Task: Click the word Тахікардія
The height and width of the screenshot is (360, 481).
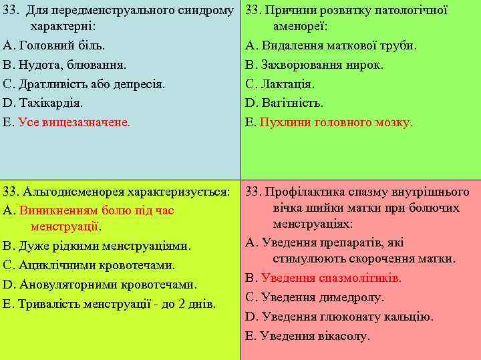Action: pos(51,104)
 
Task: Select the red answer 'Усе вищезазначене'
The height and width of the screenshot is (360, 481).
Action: pos(74,123)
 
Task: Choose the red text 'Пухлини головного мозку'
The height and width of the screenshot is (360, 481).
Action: pos(335,123)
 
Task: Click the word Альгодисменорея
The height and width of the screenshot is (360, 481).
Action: pos(64,192)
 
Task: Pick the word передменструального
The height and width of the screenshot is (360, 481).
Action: pos(108,11)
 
